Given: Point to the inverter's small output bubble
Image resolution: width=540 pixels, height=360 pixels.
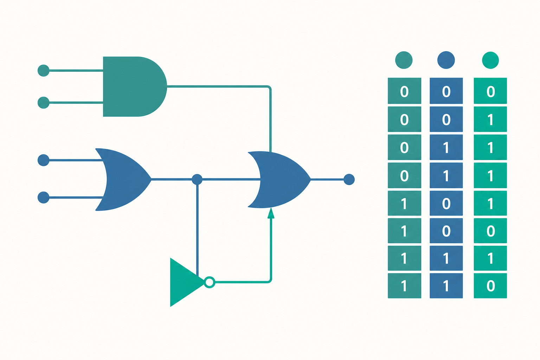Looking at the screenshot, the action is click(210, 282).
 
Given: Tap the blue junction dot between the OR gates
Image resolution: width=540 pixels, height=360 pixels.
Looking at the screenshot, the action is click(197, 179).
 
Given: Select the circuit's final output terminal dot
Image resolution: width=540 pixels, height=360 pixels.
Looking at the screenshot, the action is click(349, 179).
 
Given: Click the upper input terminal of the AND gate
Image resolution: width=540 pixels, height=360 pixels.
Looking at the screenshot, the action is click(44, 71).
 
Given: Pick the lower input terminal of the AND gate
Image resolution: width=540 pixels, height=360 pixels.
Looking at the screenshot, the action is click(44, 103).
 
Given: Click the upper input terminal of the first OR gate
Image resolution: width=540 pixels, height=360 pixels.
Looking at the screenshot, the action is click(44, 160).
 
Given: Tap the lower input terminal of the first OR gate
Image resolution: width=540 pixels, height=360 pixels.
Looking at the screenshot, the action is click(44, 198).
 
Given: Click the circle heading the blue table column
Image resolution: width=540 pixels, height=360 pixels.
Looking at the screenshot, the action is click(446, 60).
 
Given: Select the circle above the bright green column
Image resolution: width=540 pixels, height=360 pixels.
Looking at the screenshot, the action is click(490, 60).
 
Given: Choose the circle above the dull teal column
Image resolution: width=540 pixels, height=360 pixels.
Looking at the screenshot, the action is click(404, 60).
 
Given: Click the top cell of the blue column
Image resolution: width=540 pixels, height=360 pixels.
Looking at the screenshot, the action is click(446, 91).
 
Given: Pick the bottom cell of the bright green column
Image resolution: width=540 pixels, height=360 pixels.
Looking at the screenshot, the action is click(490, 286).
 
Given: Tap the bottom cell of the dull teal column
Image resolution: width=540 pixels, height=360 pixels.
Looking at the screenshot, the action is click(405, 286).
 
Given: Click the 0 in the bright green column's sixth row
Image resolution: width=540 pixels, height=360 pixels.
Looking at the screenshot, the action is click(490, 231).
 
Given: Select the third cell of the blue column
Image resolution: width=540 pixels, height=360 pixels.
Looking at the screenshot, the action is click(446, 147).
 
